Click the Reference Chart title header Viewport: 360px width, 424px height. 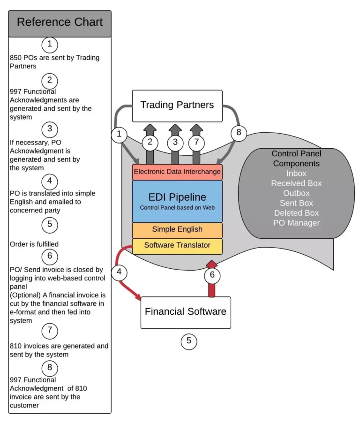[x=60, y=23]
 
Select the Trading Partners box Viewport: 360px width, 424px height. [x=177, y=105]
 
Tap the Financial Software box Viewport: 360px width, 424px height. [x=186, y=312]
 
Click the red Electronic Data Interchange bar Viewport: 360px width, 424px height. [x=177, y=172]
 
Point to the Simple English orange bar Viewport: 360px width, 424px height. [x=177, y=229]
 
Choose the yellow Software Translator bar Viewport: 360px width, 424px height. [x=177, y=245]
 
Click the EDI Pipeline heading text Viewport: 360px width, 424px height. [x=177, y=197]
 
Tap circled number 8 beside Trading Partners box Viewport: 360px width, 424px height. [x=239, y=133]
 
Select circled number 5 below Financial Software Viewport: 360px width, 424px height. [x=189, y=341]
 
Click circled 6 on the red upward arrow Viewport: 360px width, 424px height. [x=212, y=275]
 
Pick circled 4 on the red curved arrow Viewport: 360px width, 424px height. [x=119, y=271]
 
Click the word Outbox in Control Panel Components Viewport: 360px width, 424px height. [x=296, y=193]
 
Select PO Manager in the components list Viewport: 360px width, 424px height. [x=296, y=223]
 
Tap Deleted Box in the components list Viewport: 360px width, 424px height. [x=296, y=213]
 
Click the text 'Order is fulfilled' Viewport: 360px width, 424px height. [x=34, y=244]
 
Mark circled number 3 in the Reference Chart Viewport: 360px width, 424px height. [x=50, y=129]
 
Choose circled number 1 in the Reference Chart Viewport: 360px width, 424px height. [x=50, y=45]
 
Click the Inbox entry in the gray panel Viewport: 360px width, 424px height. [x=296, y=174]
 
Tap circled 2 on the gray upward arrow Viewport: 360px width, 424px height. [x=150, y=141]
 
